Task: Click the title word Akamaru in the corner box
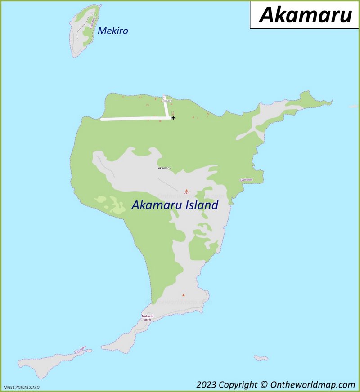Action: pos(305,15)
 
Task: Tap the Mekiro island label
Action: pos(113,31)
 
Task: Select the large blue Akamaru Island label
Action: pos(175,205)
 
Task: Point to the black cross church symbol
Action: pos(173,118)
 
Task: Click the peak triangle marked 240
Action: pos(186,190)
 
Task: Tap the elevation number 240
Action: pos(186,193)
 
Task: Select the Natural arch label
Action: pos(147,318)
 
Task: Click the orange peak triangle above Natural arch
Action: pos(183,295)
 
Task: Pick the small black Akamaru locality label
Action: pos(164,168)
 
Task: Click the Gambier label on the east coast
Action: pos(246,180)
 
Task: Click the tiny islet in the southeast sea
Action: pos(261,358)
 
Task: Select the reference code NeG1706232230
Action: pos(21,387)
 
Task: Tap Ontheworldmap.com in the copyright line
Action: pos(312,384)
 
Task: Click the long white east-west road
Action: pos(135,119)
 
